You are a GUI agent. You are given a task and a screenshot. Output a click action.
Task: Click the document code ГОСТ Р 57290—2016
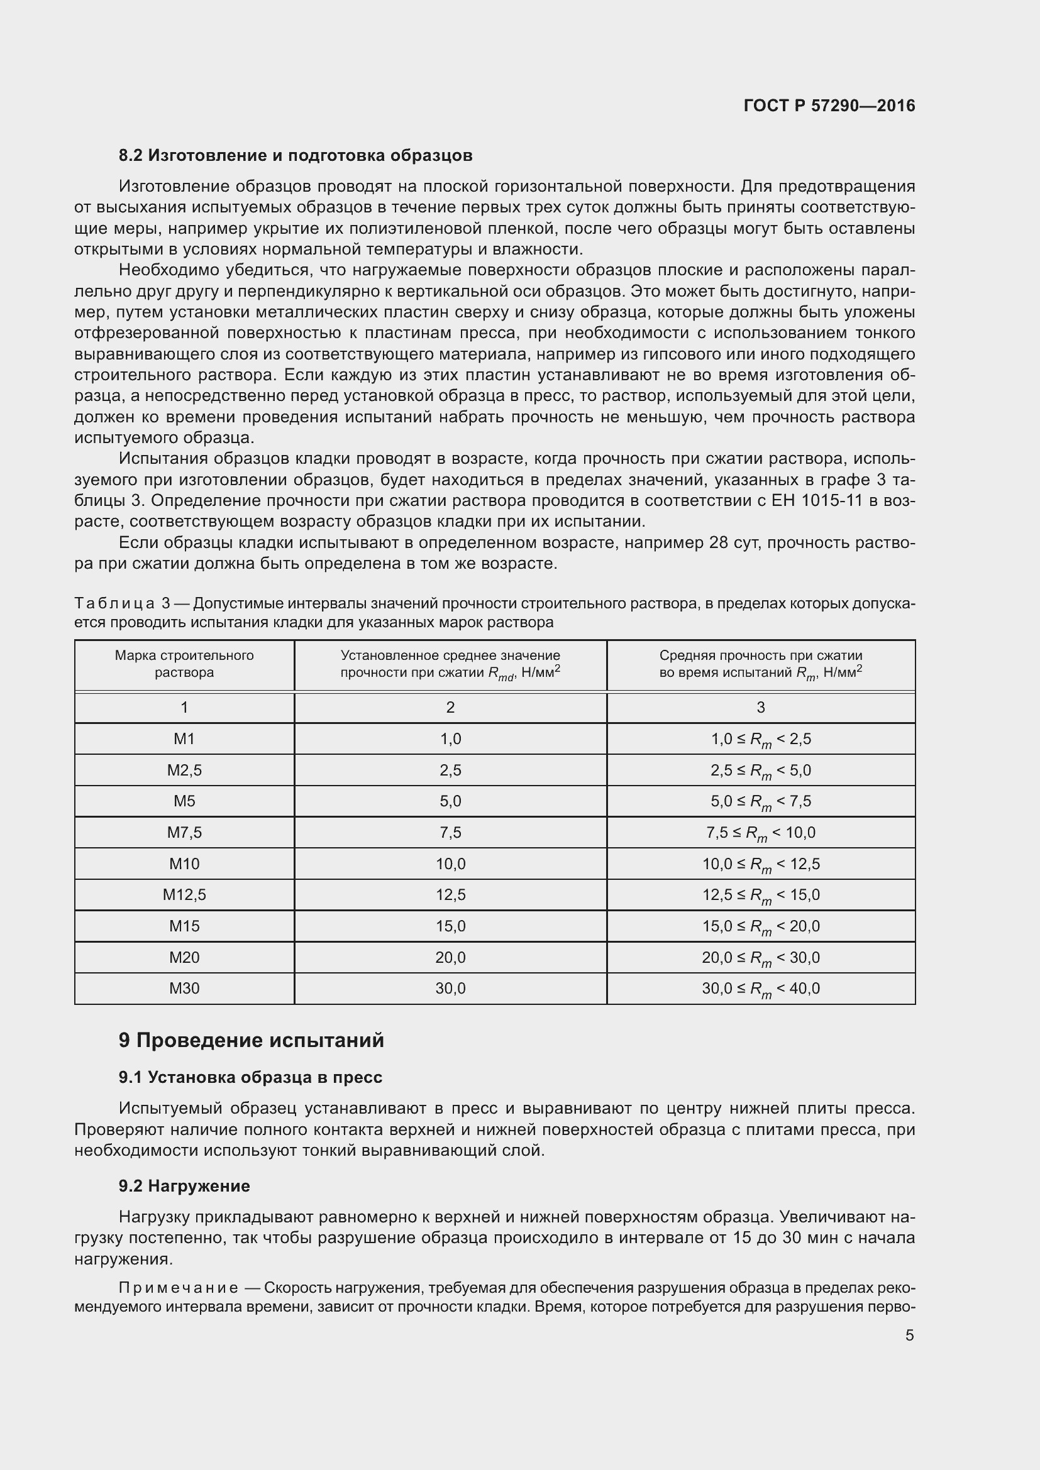coord(829,106)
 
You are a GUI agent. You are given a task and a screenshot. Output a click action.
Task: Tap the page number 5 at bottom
coord(909,1335)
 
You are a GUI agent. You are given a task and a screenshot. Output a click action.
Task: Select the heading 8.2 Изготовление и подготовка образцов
coord(296,156)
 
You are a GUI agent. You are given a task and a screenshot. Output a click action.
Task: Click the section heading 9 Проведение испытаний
coord(251,1040)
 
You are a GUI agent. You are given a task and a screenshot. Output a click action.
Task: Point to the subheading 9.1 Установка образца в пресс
coord(250,1078)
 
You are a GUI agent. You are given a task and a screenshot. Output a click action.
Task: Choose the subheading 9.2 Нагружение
coord(184,1186)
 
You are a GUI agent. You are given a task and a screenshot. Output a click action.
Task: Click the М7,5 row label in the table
coord(184,832)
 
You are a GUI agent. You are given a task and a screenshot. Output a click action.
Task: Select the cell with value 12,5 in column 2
coord(450,894)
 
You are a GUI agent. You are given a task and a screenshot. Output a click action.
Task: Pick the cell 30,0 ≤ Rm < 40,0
coord(761,989)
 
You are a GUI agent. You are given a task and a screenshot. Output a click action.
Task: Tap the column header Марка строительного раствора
coord(184,664)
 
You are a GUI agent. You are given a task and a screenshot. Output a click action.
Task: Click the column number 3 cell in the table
coord(761,708)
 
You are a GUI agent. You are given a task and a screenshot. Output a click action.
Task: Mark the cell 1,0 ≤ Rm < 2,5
coord(761,740)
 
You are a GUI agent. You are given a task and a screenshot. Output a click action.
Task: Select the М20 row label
coord(184,957)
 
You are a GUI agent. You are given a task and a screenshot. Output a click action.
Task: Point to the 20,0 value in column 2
coord(450,957)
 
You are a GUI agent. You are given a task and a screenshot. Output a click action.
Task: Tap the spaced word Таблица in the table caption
coord(114,604)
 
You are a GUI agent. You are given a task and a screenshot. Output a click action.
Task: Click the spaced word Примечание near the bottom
coord(179,1288)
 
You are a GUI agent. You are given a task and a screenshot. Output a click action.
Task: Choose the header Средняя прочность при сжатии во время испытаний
coord(761,664)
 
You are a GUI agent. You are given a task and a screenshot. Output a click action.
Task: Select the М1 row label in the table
coord(184,739)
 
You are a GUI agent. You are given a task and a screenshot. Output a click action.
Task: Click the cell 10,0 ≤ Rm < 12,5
coord(761,864)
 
